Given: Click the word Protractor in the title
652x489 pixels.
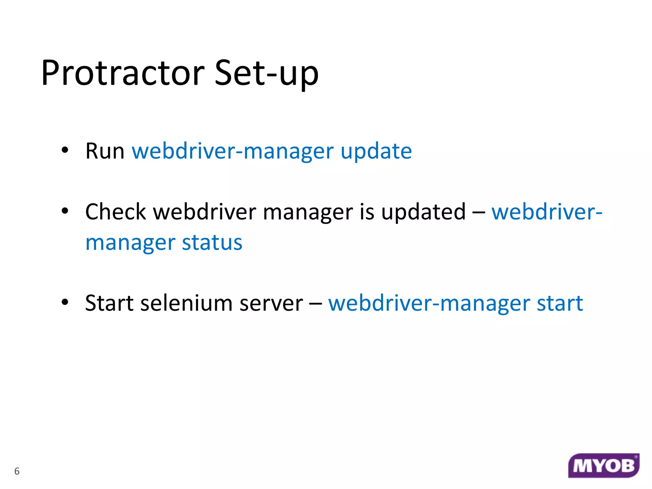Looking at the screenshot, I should pyautogui.click(x=123, y=73).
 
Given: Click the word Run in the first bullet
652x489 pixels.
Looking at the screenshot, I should pyautogui.click(x=105, y=151).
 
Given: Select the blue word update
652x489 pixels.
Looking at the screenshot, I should pyautogui.click(x=376, y=152).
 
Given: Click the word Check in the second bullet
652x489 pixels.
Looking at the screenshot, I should pyautogui.click(x=116, y=212).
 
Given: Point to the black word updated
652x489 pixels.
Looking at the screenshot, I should pyautogui.click(x=423, y=212).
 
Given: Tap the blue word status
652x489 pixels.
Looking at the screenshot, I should pyautogui.click(x=212, y=243).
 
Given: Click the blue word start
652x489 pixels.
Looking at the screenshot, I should pyautogui.click(x=560, y=303).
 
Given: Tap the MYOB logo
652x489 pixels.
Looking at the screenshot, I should pyautogui.click(x=604, y=466).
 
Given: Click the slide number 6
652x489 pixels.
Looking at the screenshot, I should pyautogui.click(x=17, y=471).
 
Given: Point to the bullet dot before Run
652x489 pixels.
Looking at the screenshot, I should pyautogui.click(x=65, y=150).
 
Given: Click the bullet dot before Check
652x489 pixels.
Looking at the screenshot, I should pyautogui.click(x=65, y=211).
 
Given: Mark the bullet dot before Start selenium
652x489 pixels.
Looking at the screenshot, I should pyautogui.click(x=65, y=302).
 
